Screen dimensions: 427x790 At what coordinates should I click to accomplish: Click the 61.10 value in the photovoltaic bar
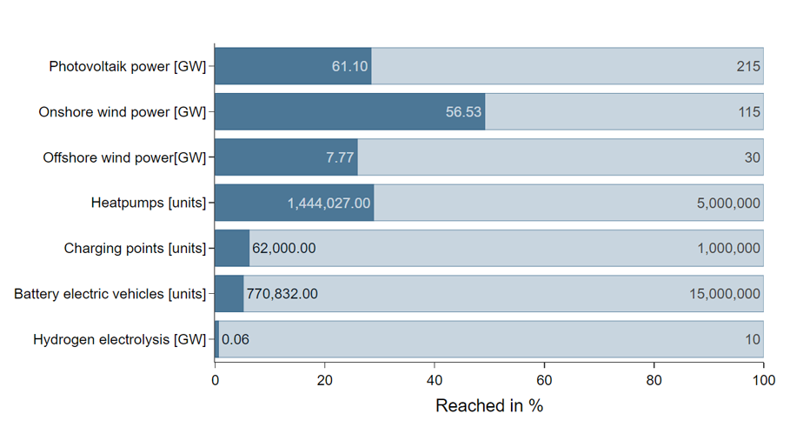[350, 67]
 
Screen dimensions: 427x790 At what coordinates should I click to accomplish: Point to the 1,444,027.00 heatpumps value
[329, 203]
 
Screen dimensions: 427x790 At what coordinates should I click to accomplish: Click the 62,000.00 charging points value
[283, 249]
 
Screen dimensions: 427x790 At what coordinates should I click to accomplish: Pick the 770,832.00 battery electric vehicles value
[282, 294]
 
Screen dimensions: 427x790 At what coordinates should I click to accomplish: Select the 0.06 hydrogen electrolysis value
[236, 339]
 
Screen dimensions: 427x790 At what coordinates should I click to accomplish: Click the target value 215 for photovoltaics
[748, 67]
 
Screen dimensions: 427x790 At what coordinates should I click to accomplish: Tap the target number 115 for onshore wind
[748, 112]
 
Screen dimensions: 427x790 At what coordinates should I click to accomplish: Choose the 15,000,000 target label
[724, 294]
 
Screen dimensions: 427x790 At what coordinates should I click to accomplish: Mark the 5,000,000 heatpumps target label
[728, 203]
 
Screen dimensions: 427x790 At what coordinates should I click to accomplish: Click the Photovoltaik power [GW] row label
[127, 67]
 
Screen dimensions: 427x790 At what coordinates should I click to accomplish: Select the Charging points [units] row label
[135, 249]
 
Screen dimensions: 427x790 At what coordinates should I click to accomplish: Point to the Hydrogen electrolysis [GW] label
[119, 339]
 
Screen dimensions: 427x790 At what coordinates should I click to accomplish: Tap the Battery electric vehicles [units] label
[110, 294]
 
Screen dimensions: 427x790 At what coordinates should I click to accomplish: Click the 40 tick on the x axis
[435, 379]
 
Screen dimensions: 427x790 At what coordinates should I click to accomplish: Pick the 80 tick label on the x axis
[654, 379]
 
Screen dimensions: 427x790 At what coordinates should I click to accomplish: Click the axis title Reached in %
[488, 406]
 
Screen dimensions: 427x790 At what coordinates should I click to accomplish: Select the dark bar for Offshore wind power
[286, 157]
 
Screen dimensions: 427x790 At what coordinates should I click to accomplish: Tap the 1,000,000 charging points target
[728, 249]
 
